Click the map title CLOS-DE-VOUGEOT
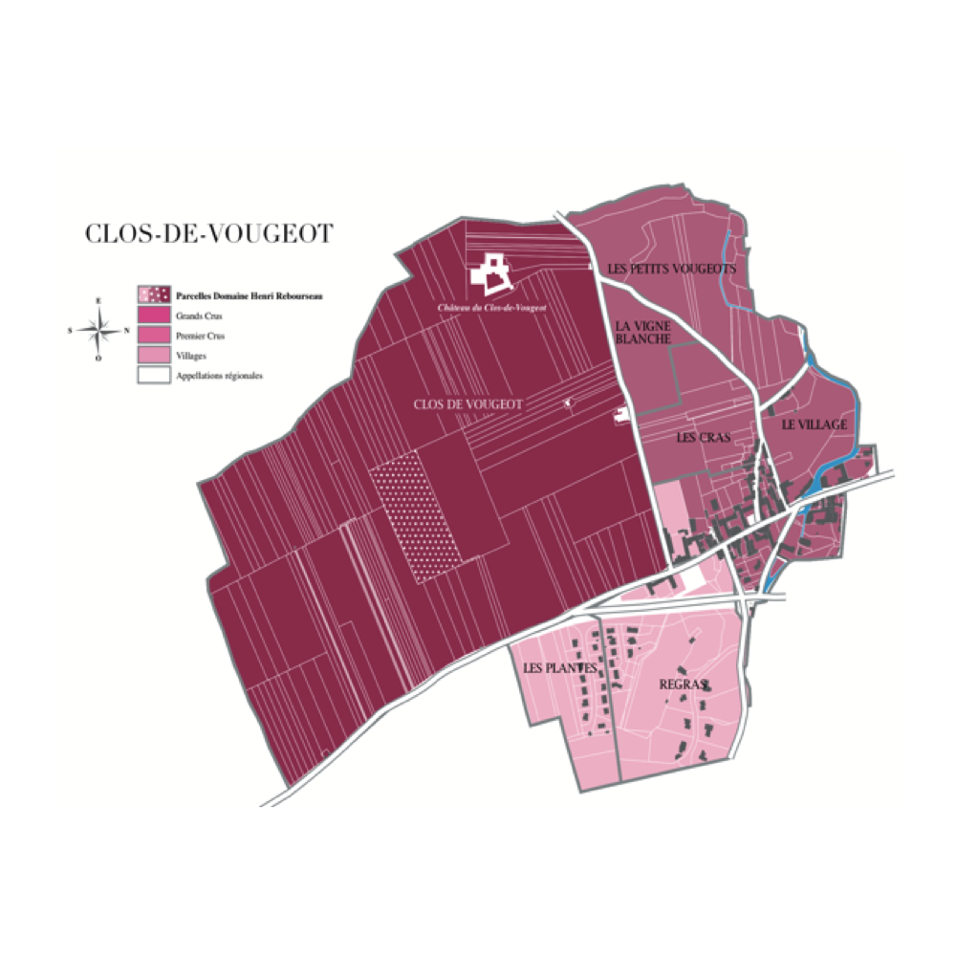pos(208,234)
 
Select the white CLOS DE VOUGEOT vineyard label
pos(468,405)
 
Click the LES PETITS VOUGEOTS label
pos(672,270)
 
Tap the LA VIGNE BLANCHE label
pos(643,332)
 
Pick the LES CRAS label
pos(703,438)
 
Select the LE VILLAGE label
pos(815,424)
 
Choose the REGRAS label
pos(684,684)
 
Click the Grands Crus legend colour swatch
pos(153,315)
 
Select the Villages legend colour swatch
pos(153,356)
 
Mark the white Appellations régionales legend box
pos(153,376)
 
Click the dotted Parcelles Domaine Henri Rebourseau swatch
pos(153,294)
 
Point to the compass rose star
pos(98,330)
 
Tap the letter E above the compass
pos(98,300)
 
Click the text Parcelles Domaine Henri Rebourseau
pos(250,296)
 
